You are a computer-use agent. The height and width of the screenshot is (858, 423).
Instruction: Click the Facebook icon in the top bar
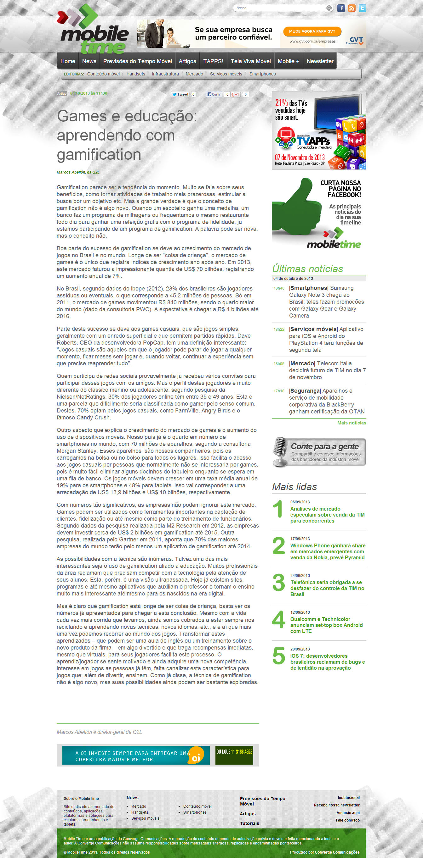point(341,8)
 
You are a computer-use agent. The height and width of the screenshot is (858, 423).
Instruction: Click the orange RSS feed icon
point(352,8)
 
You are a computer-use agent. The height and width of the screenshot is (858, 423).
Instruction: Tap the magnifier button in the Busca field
point(329,8)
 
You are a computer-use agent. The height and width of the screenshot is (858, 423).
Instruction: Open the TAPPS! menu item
point(213,61)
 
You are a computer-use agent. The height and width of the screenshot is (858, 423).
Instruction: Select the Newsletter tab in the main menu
point(320,61)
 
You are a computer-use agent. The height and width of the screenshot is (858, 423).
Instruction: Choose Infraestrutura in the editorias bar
point(165,74)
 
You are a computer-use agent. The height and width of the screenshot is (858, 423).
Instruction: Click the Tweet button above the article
point(180,94)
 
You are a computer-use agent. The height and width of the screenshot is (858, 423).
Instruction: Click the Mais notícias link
point(351,423)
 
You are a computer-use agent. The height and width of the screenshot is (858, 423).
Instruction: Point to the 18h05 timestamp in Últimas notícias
point(279,364)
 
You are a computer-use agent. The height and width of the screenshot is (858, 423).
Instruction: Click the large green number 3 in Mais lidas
point(278,583)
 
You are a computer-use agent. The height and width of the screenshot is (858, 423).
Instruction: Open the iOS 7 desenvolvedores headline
point(327,662)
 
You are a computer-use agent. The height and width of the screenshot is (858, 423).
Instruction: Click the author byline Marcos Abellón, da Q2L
point(78,172)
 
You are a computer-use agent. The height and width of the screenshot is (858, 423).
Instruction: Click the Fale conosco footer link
point(348,820)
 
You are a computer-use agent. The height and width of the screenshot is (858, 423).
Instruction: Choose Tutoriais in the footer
point(249,823)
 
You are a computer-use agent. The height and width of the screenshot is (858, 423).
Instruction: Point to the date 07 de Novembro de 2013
point(300,157)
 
